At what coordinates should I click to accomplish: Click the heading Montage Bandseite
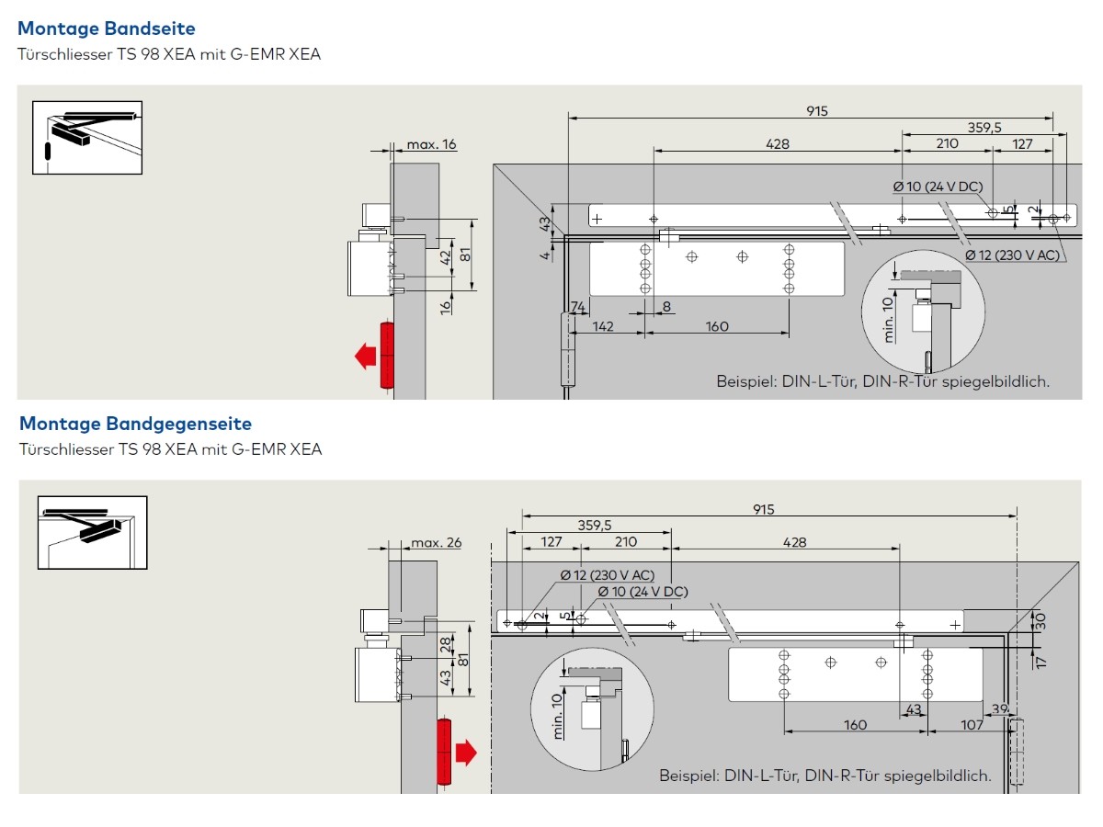[x=107, y=29]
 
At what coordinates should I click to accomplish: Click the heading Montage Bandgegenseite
[x=135, y=424]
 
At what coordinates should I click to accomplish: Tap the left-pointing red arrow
[x=367, y=356]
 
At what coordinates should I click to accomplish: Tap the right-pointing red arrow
[x=466, y=753]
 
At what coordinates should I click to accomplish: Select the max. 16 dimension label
[x=431, y=144]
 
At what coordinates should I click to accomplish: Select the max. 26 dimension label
[x=436, y=542]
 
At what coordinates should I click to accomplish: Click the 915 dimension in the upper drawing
[x=817, y=111]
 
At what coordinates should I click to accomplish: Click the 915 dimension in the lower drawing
[x=763, y=510]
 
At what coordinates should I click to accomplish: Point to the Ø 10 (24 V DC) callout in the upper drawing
[x=938, y=187]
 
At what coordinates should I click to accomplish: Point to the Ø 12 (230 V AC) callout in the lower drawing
[x=608, y=575]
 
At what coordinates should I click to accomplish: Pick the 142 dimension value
[x=603, y=326]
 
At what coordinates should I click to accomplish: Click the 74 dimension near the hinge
[x=578, y=307]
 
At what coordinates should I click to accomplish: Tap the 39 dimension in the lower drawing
[x=1000, y=708]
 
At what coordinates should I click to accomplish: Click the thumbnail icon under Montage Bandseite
[x=88, y=137]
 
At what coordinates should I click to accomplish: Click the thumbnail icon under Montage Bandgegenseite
[x=92, y=532]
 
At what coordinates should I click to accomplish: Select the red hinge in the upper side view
[x=387, y=357]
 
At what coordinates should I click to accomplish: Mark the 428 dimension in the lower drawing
[x=794, y=542]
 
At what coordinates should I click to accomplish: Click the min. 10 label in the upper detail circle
[x=889, y=319]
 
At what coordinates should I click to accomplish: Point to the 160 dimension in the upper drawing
[x=717, y=326]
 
